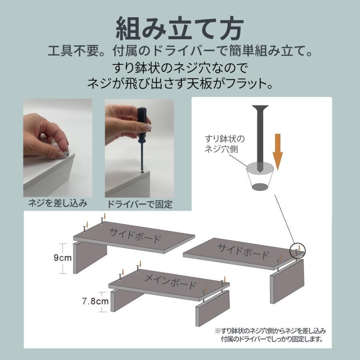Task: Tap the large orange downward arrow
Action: (x=278, y=152)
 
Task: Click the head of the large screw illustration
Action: (x=260, y=107)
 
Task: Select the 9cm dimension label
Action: (x=62, y=258)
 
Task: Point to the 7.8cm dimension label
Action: (x=95, y=301)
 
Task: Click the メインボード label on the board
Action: (x=170, y=282)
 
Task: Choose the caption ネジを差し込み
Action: (x=58, y=203)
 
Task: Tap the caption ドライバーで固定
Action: (x=140, y=204)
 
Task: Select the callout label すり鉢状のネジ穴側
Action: (x=224, y=144)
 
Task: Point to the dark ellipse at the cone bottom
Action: (x=260, y=186)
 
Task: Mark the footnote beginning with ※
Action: (x=270, y=335)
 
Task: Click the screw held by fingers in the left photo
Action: (x=66, y=153)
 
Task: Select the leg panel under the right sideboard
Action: (x=287, y=281)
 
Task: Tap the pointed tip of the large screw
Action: (x=260, y=172)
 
